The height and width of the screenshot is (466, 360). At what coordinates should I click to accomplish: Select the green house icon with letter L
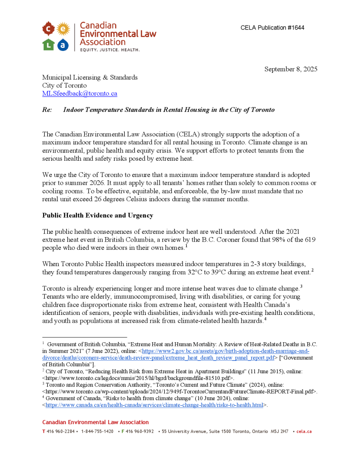pyautogui.click(x=49, y=45)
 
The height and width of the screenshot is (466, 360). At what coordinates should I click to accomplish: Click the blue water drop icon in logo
pyautogui.click(x=63, y=45)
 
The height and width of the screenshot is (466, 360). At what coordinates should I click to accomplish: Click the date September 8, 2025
pyautogui.click(x=291, y=69)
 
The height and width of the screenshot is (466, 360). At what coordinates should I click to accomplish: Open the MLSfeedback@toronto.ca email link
pyautogui.click(x=80, y=94)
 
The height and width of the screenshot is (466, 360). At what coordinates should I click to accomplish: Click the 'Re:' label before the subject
pyautogui.click(x=47, y=110)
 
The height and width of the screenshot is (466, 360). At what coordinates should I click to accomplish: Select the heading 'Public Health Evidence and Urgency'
pyautogui.click(x=97, y=215)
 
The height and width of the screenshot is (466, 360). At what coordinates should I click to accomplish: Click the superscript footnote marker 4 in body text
pyautogui.click(x=264, y=319)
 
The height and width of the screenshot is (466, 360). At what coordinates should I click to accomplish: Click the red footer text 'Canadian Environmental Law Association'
pyautogui.click(x=96, y=422)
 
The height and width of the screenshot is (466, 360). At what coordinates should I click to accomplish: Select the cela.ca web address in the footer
pyautogui.click(x=304, y=431)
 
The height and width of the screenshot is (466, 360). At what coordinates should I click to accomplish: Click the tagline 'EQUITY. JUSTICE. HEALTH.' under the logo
pyautogui.click(x=110, y=49)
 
